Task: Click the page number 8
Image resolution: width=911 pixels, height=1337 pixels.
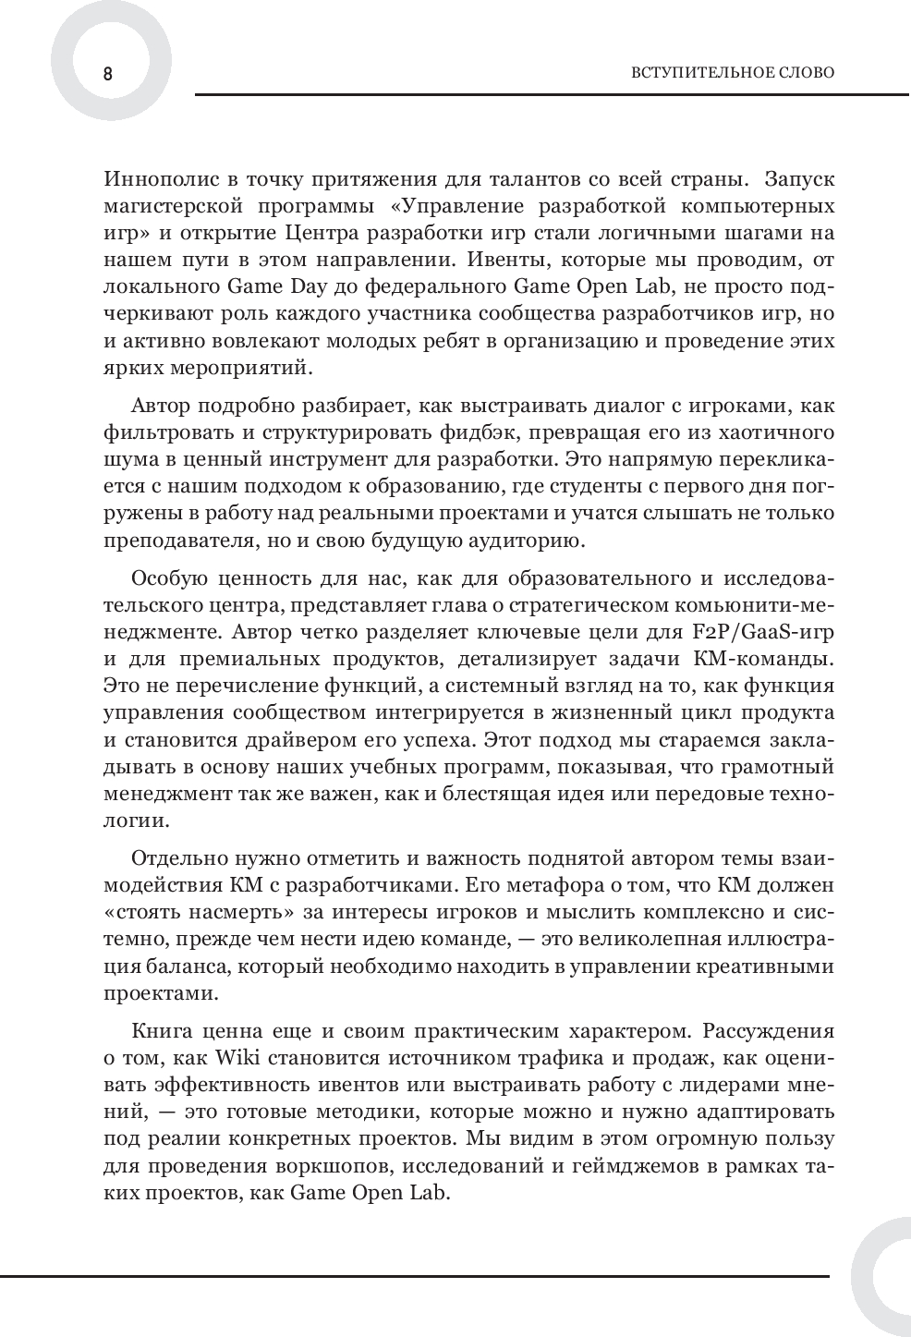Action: pos(107,74)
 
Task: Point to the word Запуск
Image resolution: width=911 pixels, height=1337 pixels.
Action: pos(796,178)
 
